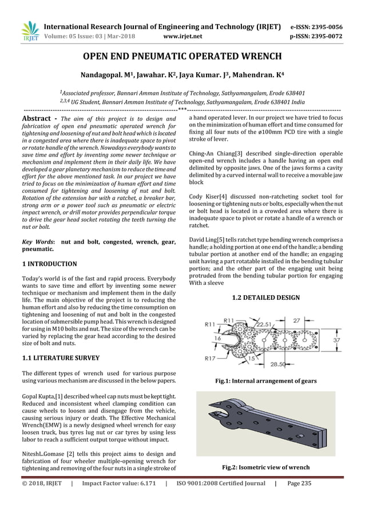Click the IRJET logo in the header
tap(29, 32)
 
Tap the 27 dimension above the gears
tap(297, 321)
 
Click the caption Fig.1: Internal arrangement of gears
tap(266, 380)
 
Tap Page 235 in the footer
tap(299, 483)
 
